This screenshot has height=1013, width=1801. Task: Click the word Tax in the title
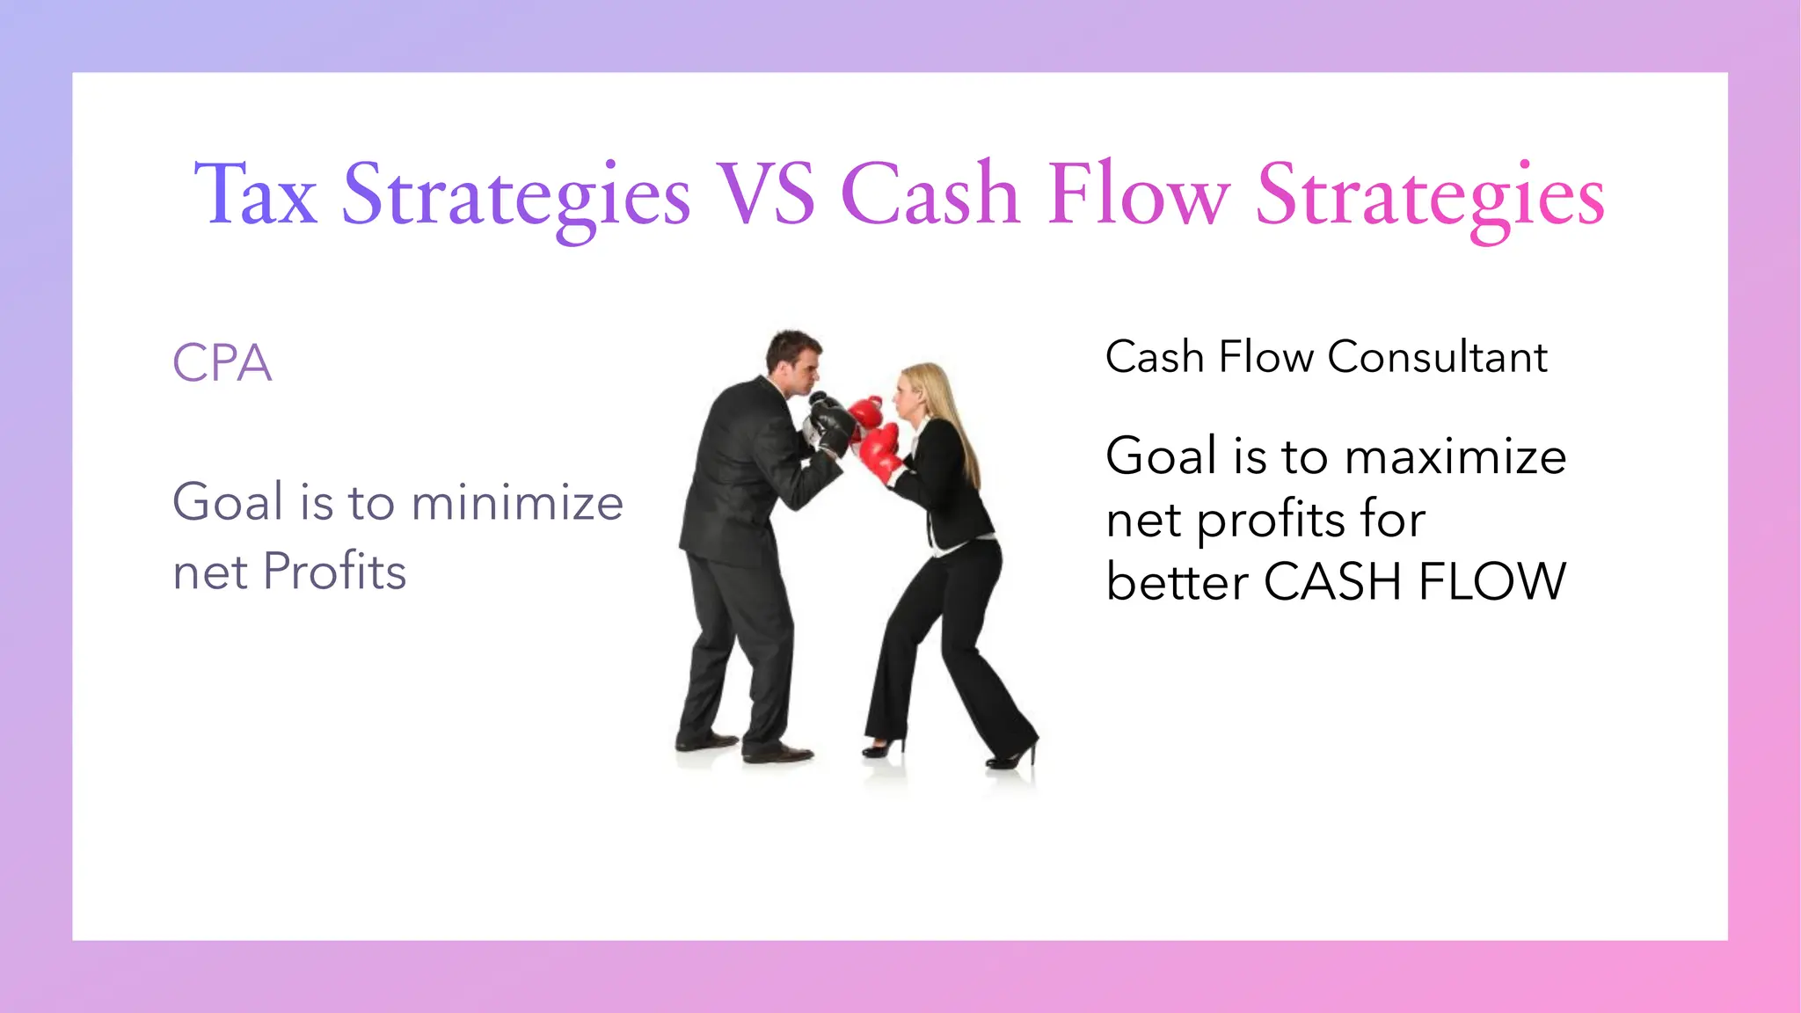click(x=255, y=195)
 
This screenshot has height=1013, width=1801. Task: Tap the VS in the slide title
click(x=765, y=195)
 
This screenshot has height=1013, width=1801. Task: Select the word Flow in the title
click(x=1138, y=195)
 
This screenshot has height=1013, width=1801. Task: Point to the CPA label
click(x=222, y=363)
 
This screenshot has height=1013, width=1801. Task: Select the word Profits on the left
click(x=334, y=572)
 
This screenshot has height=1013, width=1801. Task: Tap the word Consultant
click(x=1437, y=358)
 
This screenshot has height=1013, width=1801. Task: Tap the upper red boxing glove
click(x=865, y=411)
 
